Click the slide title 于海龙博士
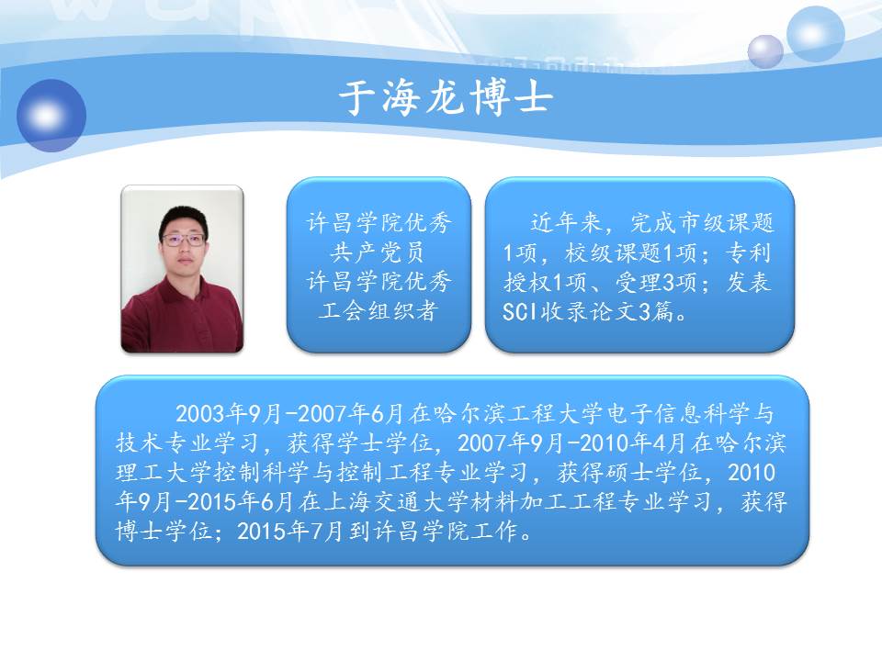[446, 98]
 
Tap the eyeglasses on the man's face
[184, 240]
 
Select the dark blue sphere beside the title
[51, 116]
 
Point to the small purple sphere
[765, 51]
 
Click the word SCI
[519, 312]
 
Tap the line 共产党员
[377, 252]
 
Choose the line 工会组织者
[378, 311]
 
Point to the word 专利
[748, 252]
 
